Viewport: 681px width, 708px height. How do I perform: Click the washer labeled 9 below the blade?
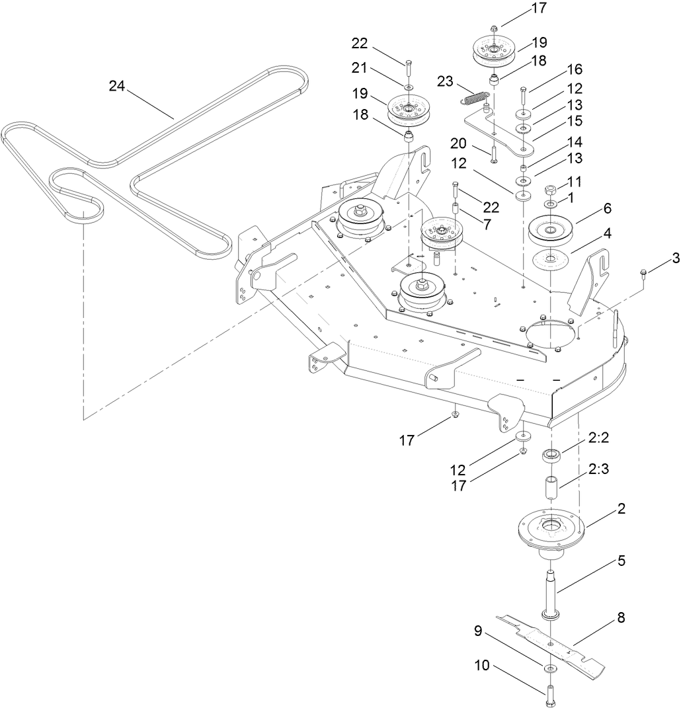click(551, 669)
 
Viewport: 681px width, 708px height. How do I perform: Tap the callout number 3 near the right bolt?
click(657, 258)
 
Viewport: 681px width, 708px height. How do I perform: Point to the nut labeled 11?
click(551, 190)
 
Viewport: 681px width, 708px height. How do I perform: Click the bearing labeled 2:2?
click(551, 455)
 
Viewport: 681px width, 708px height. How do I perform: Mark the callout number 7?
click(487, 224)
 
